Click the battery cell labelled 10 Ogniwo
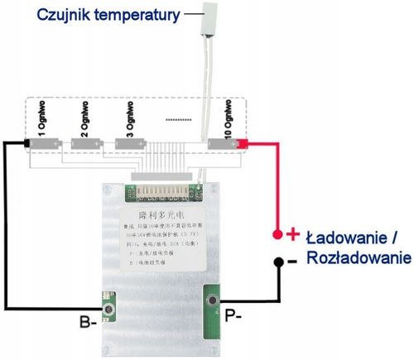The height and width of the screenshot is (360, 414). (224, 144)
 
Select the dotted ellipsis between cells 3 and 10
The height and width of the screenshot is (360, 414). (178, 120)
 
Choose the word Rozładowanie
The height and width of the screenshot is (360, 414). (359, 258)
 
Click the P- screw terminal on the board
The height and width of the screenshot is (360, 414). (214, 300)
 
